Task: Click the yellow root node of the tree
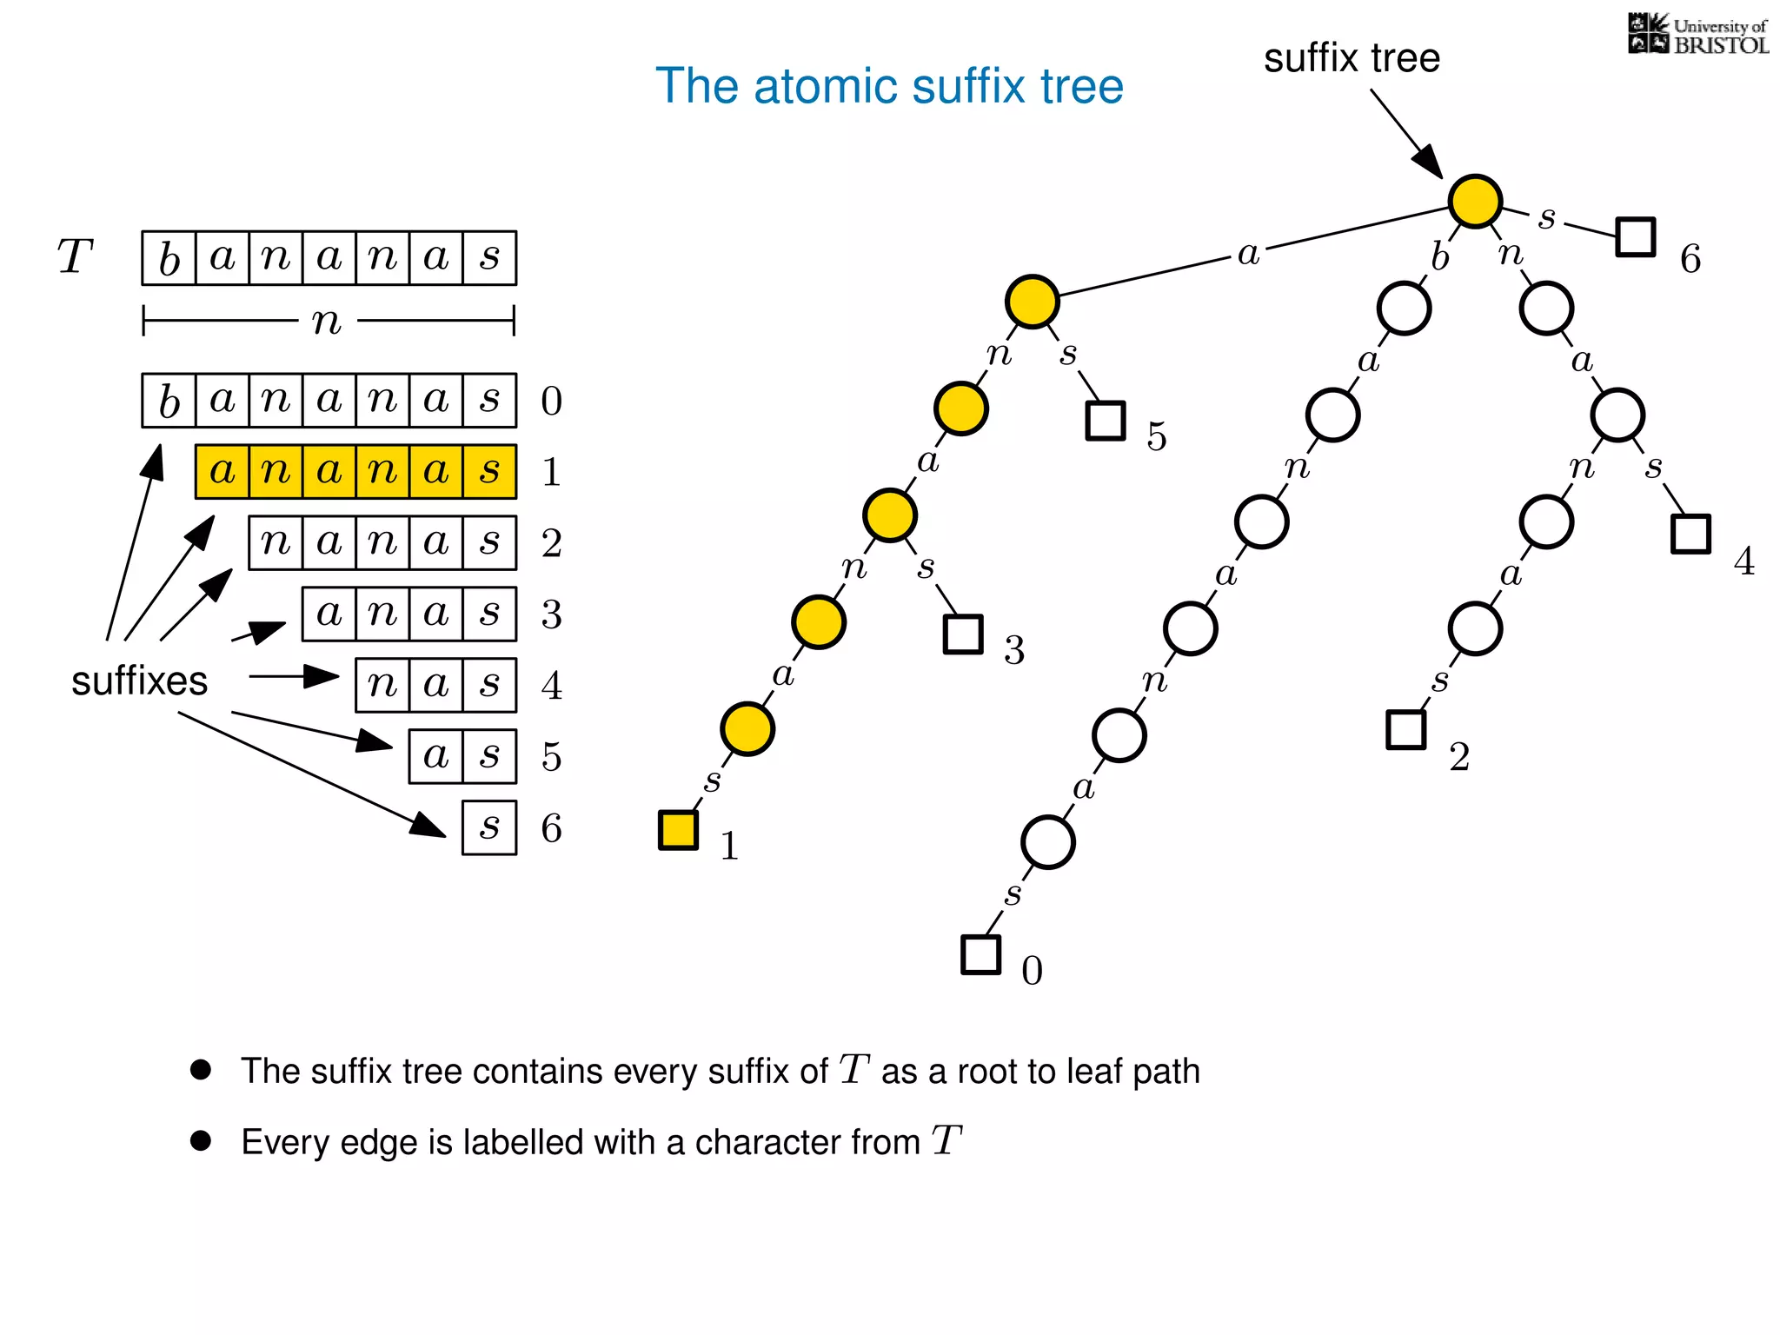click(x=1475, y=201)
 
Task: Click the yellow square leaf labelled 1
click(x=678, y=829)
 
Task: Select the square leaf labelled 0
click(x=980, y=954)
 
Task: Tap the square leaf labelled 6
click(x=1635, y=236)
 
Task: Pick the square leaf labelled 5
click(x=1106, y=421)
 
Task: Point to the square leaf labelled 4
click(x=1690, y=534)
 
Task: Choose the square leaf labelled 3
click(x=963, y=634)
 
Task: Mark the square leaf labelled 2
click(x=1405, y=729)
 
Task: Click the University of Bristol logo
click(x=1697, y=35)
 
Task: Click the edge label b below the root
click(x=1440, y=257)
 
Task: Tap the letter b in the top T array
click(x=169, y=258)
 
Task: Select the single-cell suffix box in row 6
click(x=489, y=827)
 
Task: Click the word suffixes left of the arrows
click(x=139, y=681)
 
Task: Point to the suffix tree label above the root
click(x=1352, y=58)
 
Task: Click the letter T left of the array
click(x=75, y=257)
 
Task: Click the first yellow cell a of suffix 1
click(x=222, y=471)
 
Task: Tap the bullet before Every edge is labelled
click(x=201, y=1140)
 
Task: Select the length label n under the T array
click(x=327, y=321)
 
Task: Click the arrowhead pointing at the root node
click(x=1428, y=162)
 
